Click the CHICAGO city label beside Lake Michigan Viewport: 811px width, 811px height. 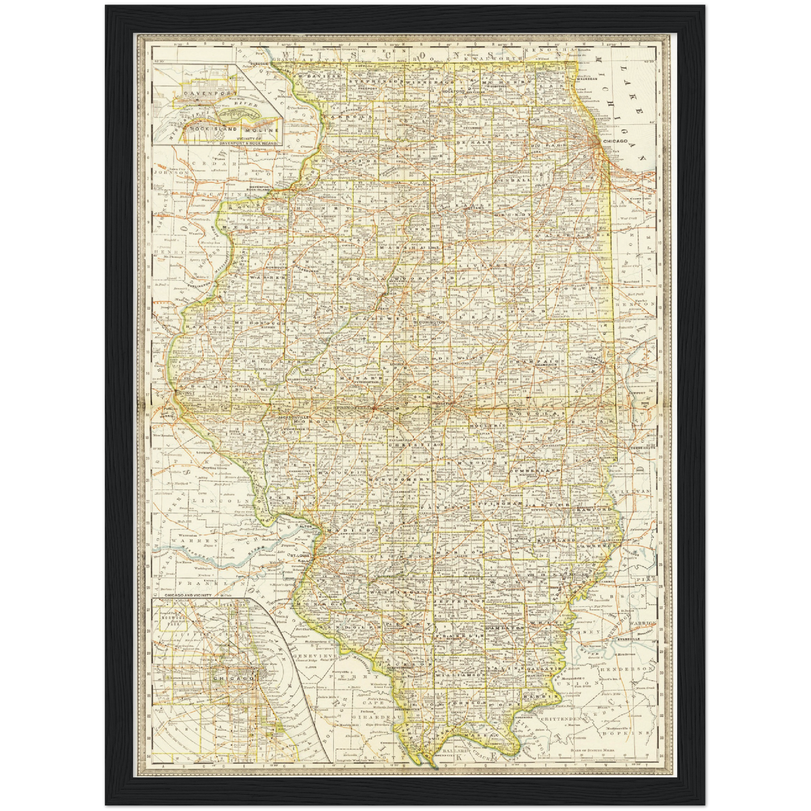click(615, 141)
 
